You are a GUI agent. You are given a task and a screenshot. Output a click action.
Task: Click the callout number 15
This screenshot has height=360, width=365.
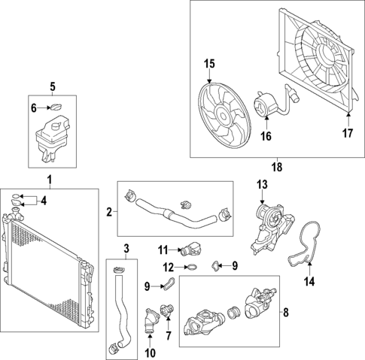209,64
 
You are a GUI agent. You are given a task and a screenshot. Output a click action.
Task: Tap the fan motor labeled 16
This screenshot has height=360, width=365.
267,106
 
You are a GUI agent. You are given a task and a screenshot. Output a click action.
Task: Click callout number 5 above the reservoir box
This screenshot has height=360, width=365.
52,86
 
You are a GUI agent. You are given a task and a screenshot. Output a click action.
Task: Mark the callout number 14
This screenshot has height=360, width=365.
306,283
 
